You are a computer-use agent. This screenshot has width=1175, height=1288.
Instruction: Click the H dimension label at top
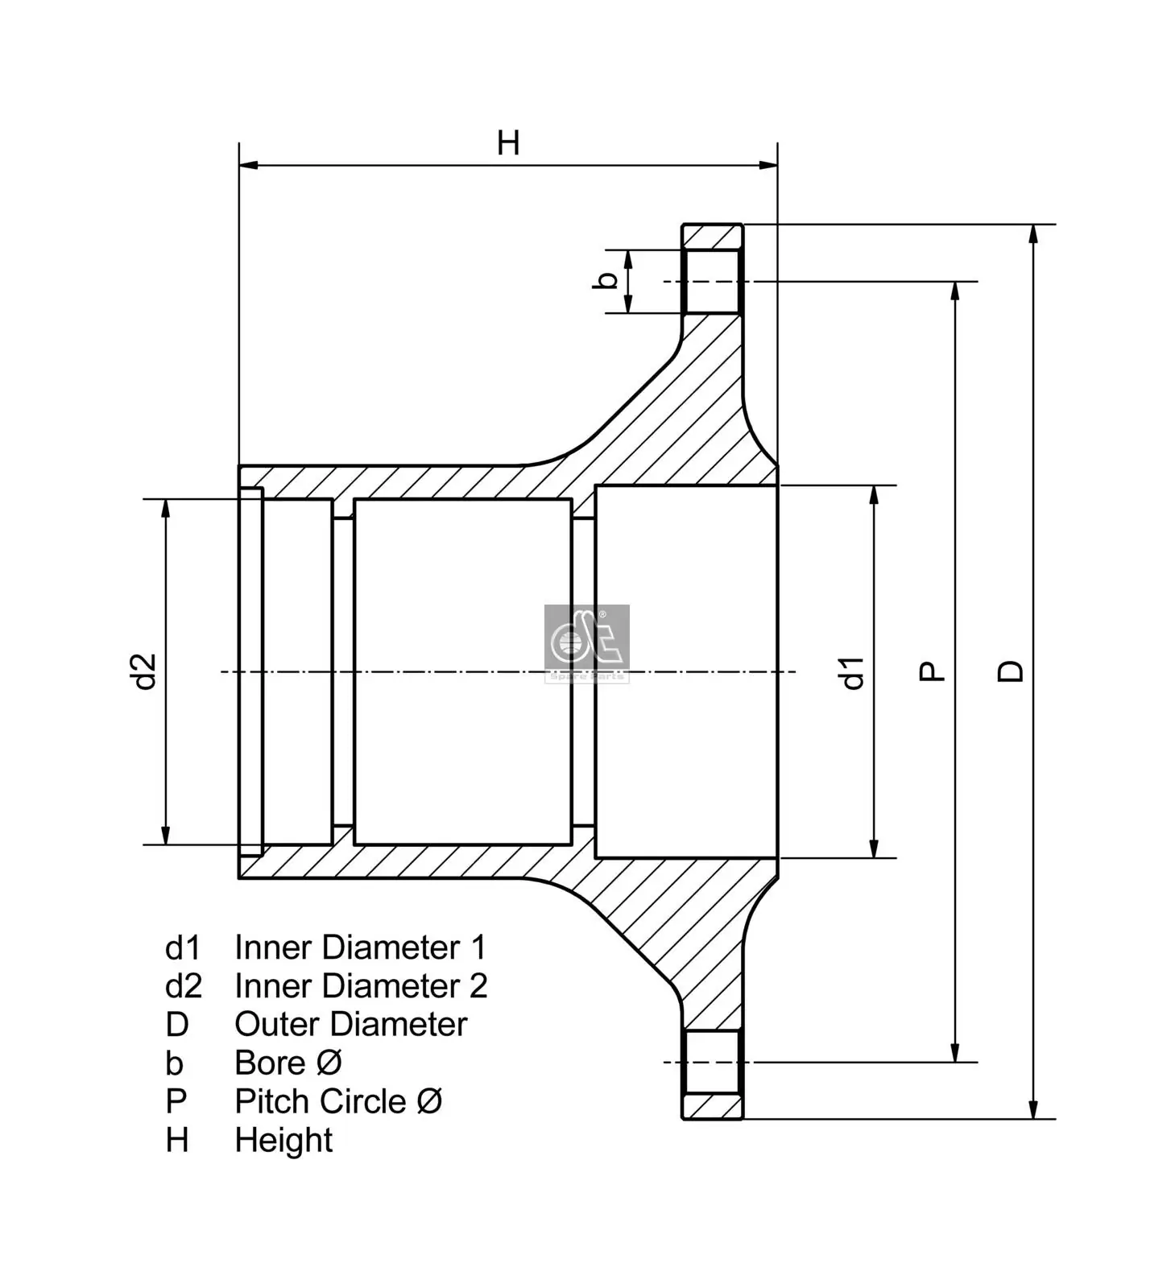pos(508,143)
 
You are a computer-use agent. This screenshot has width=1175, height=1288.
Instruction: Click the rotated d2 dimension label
pos(144,671)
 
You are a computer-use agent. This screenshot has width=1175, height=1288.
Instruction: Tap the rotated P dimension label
pos(932,671)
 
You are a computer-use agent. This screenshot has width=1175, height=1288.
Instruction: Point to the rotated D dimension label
pos(1011,671)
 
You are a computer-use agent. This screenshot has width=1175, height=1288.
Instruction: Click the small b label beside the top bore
pos(608,281)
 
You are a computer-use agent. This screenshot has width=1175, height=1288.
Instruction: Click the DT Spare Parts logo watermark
pos(586,643)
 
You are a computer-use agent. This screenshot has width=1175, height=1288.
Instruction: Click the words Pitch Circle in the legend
pos(321,1102)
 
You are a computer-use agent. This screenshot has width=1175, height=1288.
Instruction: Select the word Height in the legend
pos(283,1141)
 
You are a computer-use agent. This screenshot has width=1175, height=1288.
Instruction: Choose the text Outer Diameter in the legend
pos(350,1025)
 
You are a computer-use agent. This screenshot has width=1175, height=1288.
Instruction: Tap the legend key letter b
pos(174,1063)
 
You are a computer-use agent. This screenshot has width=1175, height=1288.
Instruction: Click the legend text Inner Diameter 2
pos(361,986)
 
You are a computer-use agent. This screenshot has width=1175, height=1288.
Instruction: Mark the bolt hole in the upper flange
pos(710,281)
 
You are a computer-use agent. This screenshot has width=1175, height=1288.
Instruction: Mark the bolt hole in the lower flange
pos(710,1062)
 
